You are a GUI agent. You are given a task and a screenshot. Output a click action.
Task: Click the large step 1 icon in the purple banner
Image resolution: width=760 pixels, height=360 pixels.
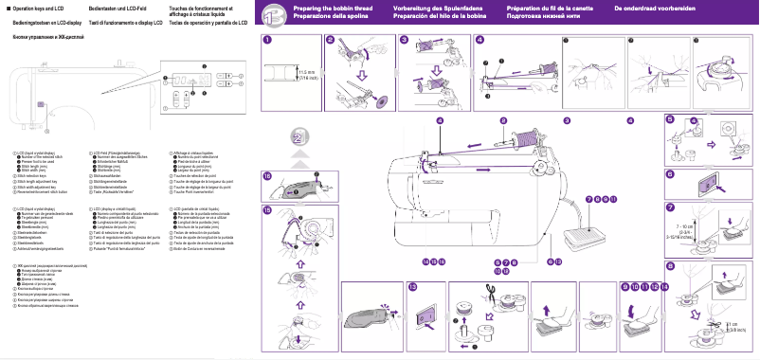pyautogui.click(x=271, y=12)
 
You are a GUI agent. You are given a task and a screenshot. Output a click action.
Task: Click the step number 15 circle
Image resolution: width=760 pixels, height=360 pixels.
pyautogui.click(x=267, y=209)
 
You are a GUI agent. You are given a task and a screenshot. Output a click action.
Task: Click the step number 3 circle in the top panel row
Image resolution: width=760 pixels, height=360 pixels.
pyautogui.click(x=404, y=40)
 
